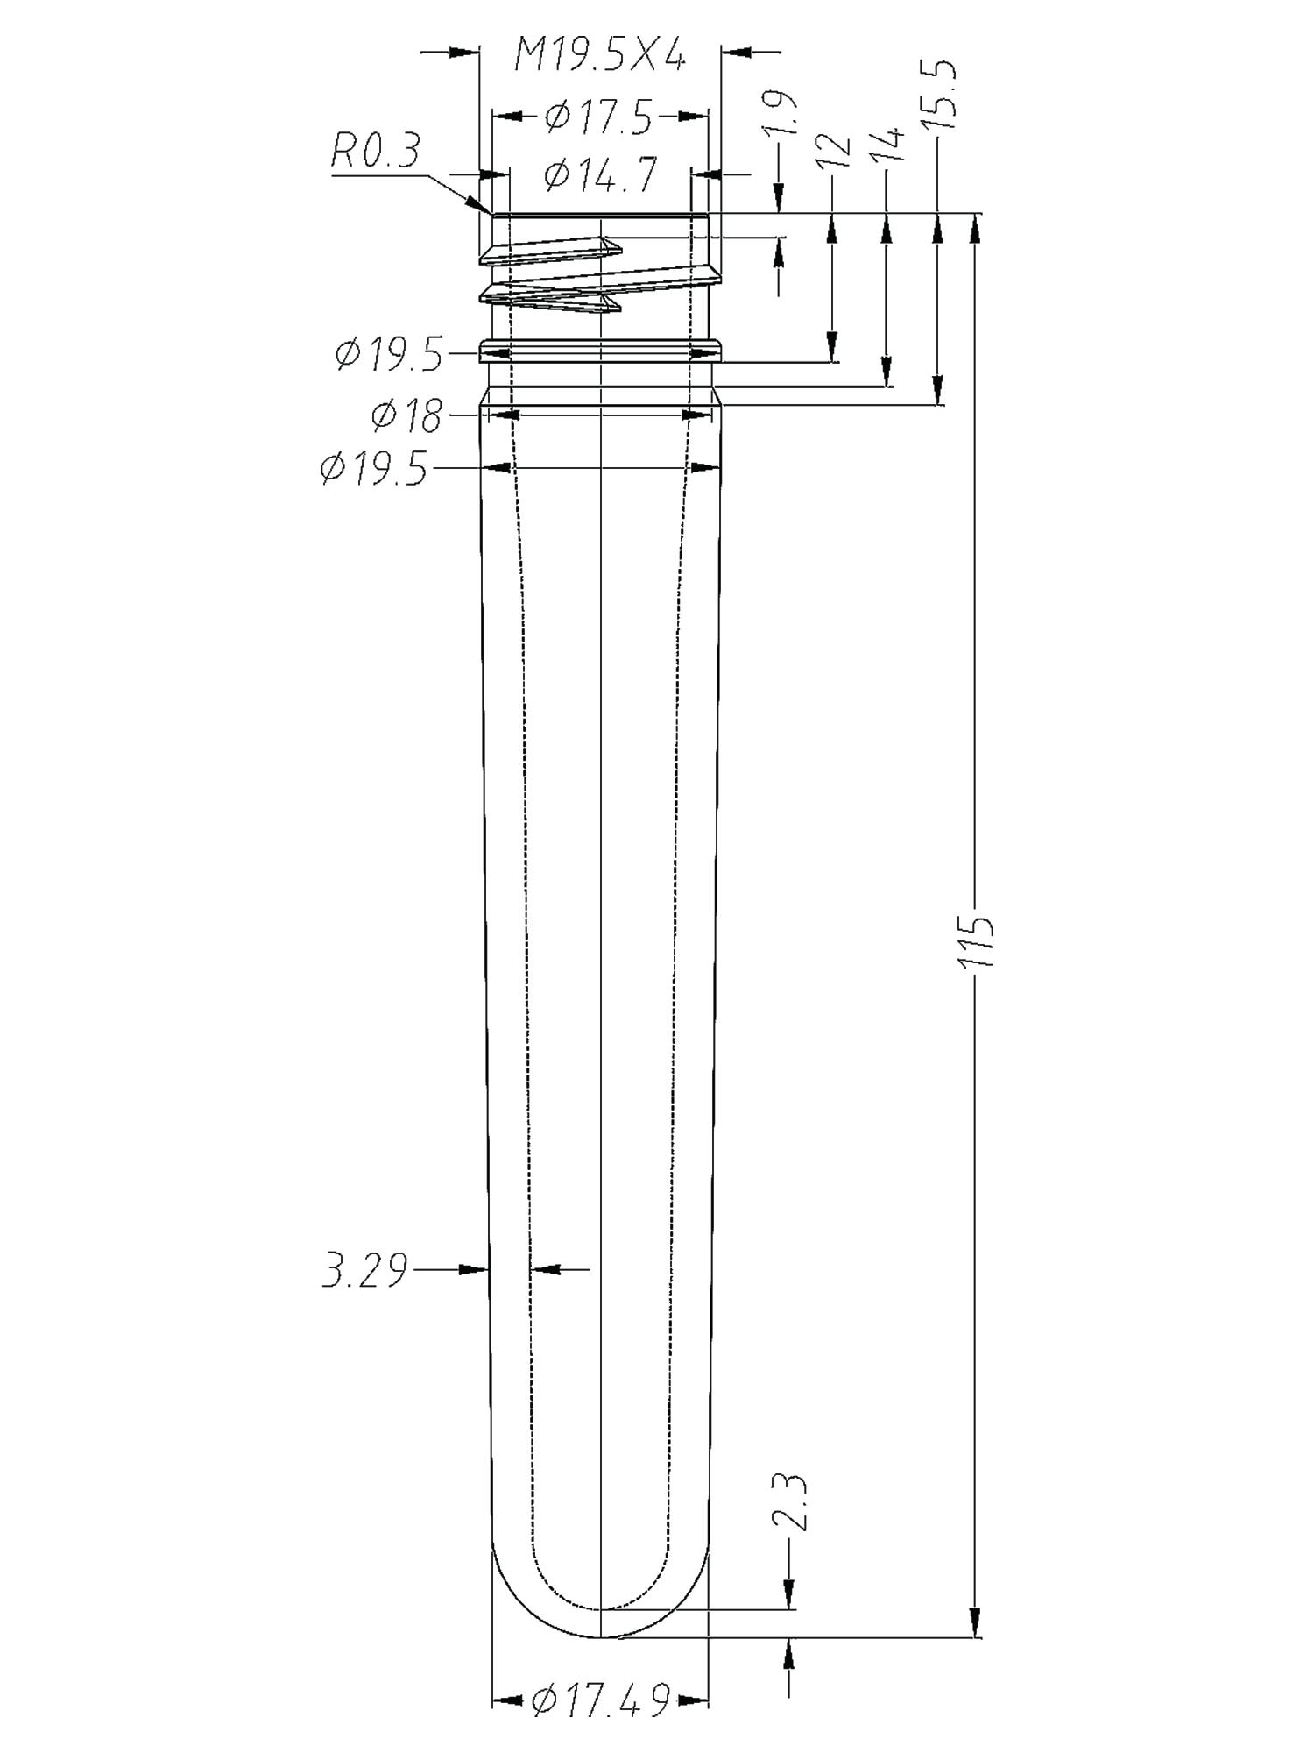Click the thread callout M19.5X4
(x=599, y=59)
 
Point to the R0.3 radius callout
(x=376, y=153)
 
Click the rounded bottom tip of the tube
(x=600, y=1636)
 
